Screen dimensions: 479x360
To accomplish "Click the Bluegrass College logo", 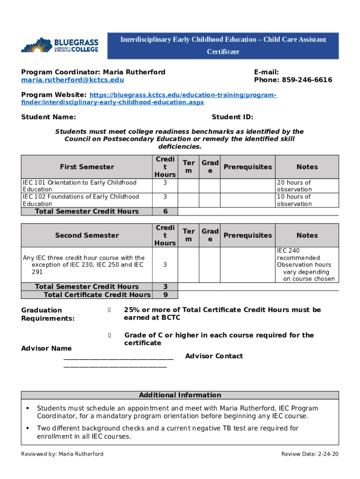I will pos(59,45).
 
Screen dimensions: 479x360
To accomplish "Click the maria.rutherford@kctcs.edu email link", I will pos(72,80).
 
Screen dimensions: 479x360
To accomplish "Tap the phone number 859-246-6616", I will pos(293,80).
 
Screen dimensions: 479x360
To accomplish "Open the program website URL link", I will pos(149,98).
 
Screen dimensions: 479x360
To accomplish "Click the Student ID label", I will pos(232,117).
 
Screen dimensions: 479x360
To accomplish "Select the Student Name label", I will pos(49,117).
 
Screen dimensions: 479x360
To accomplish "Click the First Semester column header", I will pos(87,167).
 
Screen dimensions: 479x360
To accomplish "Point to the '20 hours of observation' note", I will pos(294,186).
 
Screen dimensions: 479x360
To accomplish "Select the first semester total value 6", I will pos(165,211).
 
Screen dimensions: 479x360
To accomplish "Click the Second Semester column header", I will pos(87,235).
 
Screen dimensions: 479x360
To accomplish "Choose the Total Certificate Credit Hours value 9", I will pos(165,295).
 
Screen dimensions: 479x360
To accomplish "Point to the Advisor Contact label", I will pos(214,356).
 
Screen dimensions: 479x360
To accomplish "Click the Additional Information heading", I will pos(180,395).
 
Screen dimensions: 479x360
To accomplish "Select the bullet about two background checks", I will pos(167,432).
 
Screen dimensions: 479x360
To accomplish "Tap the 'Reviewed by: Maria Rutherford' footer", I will pos(62,454).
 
